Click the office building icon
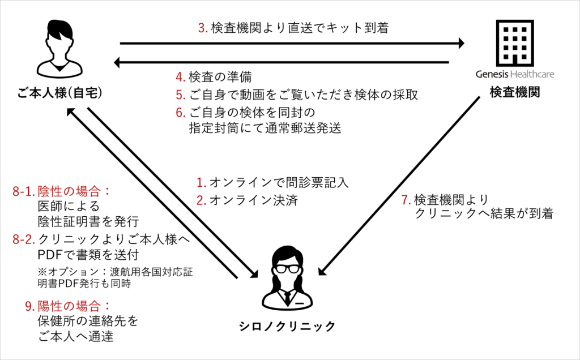(x=514, y=42)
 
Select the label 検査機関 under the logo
(x=514, y=92)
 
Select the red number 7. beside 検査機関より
(x=404, y=200)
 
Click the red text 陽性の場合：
(x=74, y=306)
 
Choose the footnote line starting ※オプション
(x=114, y=272)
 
